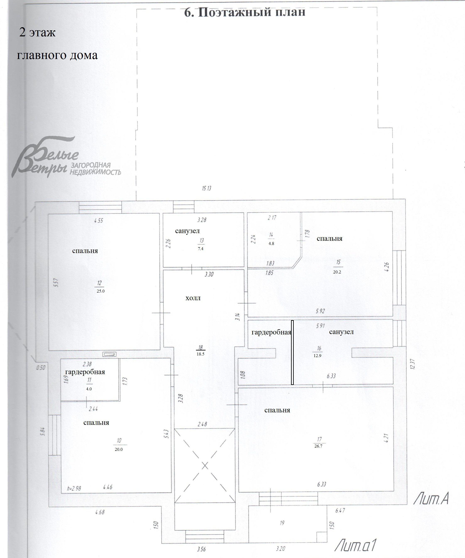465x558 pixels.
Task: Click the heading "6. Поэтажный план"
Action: click(245, 12)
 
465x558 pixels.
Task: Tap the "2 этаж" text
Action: click(37, 32)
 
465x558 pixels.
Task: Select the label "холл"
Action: click(193, 298)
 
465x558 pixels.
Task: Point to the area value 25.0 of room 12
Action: click(101, 291)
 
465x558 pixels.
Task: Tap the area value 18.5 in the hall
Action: click(201, 354)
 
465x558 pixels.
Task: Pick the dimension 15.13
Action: click(206, 188)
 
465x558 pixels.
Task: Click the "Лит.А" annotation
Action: click(431, 499)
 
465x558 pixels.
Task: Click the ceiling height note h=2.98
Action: click(74, 488)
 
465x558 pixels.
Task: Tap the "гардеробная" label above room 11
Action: click(85, 372)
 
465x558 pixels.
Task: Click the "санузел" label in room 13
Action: click(187, 231)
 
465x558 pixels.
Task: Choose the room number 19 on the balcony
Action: click(282, 523)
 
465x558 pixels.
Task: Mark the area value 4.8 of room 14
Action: click(271, 243)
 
